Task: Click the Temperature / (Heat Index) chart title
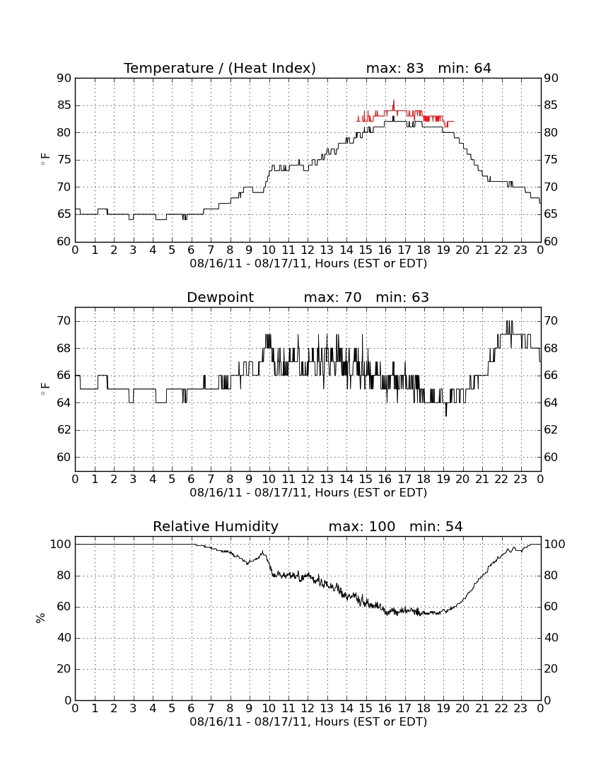pyautogui.click(x=220, y=68)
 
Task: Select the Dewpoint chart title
pyautogui.click(x=220, y=297)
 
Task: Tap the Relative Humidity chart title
pyautogui.click(x=216, y=526)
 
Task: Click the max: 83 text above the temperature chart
pyautogui.click(x=395, y=68)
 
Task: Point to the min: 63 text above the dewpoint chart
pyautogui.click(x=402, y=297)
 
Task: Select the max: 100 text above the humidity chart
pyautogui.click(x=362, y=526)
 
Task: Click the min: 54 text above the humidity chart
pyautogui.click(x=436, y=526)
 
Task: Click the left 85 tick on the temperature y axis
pyautogui.click(x=64, y=105)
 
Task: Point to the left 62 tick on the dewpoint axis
pyautogui.click(x=64, y=430)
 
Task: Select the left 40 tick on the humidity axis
pyautogui.click(x=64, y=637)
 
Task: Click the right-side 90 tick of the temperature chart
pyautogui.click(x=551, y=78)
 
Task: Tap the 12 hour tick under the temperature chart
pyautogui.click(x=308, y=250)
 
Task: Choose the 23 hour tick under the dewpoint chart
pyautogui.click(x=520, y=480)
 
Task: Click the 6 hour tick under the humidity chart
pyautogui.click(x=192, y=708)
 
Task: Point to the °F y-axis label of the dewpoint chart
pyautogui.click(x=45, y=388)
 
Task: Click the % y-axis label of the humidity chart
pyautogui.click(x=41, y=617)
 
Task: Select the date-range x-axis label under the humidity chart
pyautogui.click(x=308, y=721)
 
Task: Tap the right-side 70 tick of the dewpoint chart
pyautogui.click(x=551, y=321)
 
